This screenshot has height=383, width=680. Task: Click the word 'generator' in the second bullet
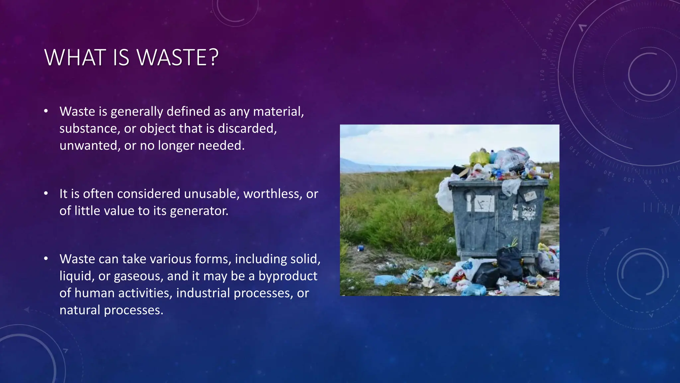tap(199, 211)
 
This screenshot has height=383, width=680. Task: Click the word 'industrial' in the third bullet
tap(203, 293)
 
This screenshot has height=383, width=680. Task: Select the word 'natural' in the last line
tap(80, 310)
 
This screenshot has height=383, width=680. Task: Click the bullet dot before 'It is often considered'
tap(46, 193)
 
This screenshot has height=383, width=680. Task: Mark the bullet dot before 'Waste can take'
tap(46, 258)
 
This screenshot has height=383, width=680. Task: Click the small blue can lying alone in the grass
tap(361, 248)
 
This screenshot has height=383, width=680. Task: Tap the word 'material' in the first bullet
tap(278, 111)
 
